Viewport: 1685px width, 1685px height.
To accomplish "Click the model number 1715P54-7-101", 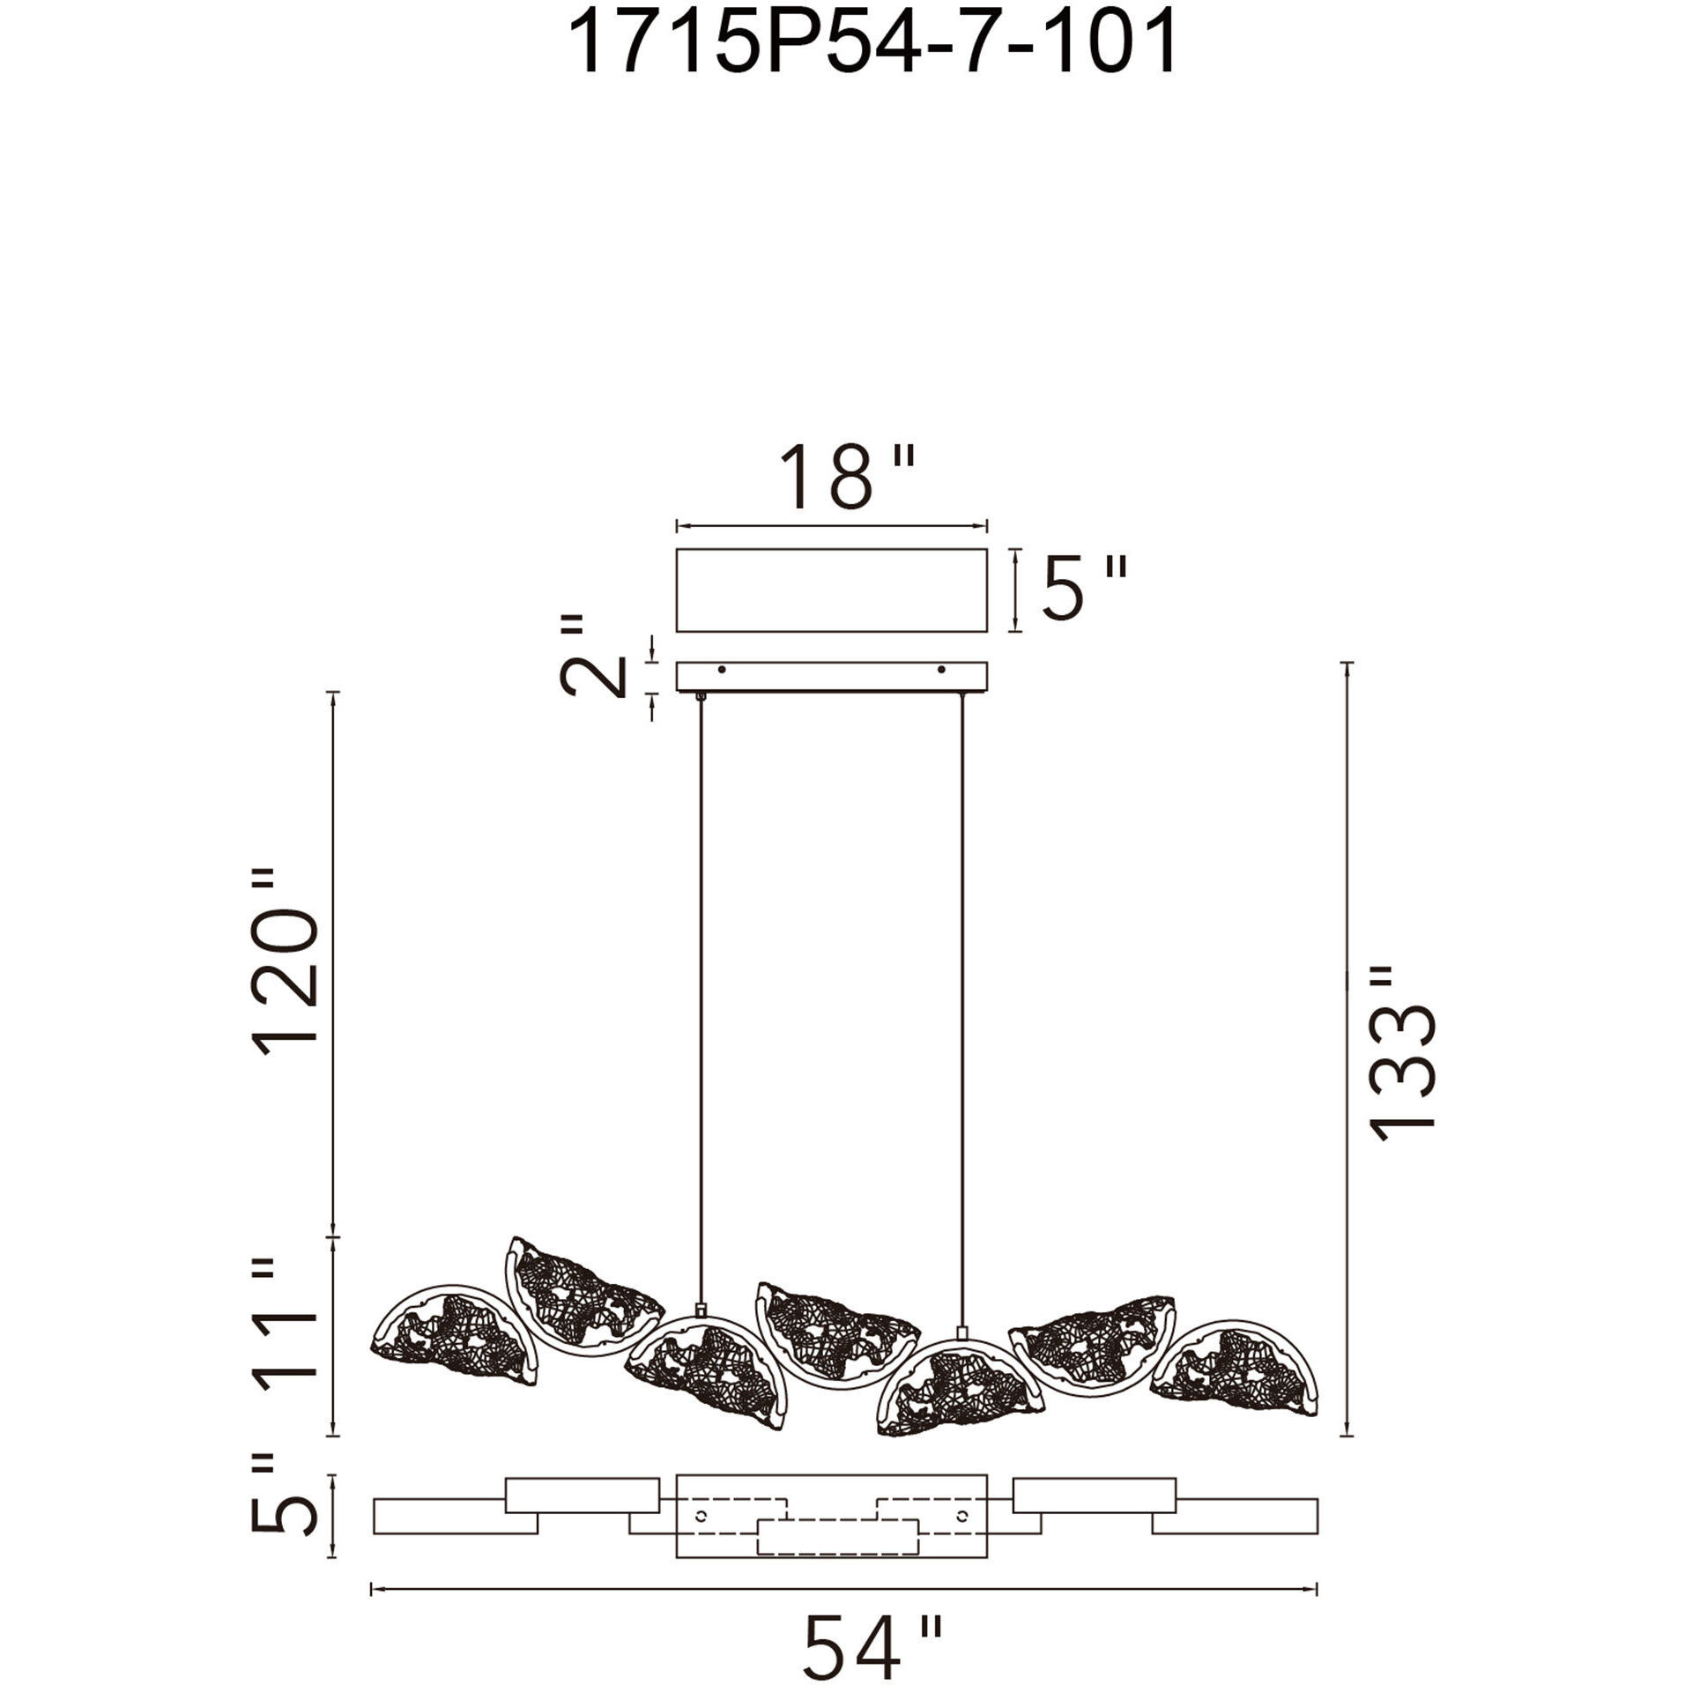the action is coord(871,43).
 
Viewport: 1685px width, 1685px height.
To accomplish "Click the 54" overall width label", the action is coord(872,1646).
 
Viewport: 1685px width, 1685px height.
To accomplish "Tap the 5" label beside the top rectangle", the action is coord(1084,587).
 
